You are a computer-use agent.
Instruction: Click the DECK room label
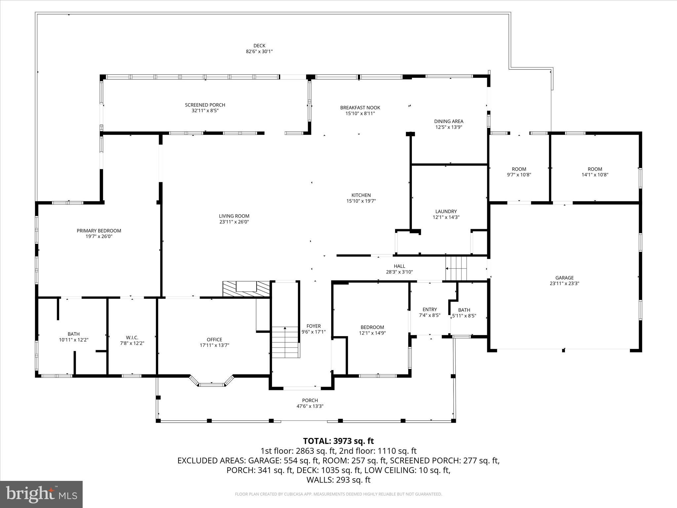pos(259,46)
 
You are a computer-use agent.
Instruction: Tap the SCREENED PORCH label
pos(205,105)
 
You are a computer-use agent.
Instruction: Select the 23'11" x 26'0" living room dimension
pos(234,222)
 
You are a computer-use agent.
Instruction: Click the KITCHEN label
pos(361,195)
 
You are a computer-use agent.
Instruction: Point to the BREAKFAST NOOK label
pos(360,107)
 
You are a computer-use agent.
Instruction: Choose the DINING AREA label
pos(449,121)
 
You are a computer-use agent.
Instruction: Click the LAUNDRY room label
pos(446,211)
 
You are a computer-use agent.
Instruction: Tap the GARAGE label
pos(564,278)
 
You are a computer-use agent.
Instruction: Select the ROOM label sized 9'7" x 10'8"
pos(519,169)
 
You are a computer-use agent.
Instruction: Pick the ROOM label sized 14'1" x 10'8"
pos(595,169)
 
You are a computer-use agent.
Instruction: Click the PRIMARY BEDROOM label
pos(99,231)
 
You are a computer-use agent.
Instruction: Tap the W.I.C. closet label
pos(132,337)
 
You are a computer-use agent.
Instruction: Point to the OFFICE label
pos(214,340)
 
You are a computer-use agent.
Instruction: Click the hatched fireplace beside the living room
pos(246,289)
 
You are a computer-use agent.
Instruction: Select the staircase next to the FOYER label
pos(285,342)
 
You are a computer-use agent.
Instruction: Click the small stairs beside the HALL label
pos(456,268)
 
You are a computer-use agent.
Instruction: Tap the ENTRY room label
pos(429,310)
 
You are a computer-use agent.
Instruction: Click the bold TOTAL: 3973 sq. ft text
pos(338,441)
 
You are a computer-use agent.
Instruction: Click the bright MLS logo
pos(41,494)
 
